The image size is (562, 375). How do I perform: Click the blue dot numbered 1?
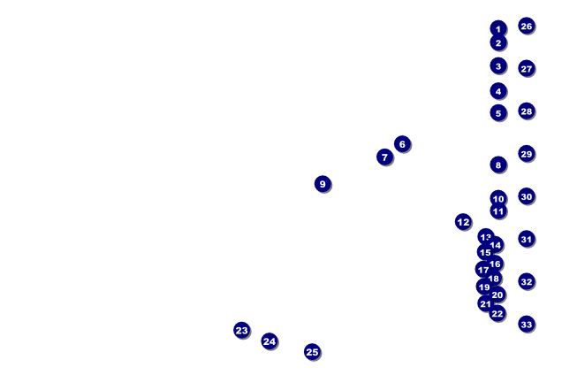tap(498, 29)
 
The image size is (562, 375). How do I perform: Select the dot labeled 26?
tap(527, 26)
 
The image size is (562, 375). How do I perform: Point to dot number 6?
tap(402, 143)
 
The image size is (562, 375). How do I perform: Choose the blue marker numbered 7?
tap(384, 157)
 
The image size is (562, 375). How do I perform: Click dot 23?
tap(242, 330)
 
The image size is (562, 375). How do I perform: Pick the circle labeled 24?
tap(270, 341)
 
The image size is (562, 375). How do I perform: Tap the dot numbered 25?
tap(312, 352)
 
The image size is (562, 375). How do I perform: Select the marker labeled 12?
tap(464, 222)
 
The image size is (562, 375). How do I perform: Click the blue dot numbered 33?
tap(527, 325)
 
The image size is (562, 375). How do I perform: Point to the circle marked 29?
tap(527, 154)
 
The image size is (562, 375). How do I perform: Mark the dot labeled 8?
tap(498, 165)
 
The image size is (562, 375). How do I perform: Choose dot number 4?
tap(498, 91)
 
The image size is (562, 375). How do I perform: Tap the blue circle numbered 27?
tap(527, 68)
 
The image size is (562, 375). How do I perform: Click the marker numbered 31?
tap(527, 239)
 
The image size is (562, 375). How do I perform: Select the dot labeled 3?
tap(498, 65)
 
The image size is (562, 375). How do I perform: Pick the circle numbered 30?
tap(527, 196)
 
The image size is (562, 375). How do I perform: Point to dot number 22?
tap(497, 313)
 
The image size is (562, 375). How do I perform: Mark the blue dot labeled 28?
tap(527, 111)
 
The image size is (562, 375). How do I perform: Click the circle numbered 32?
tap(527, 282)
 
